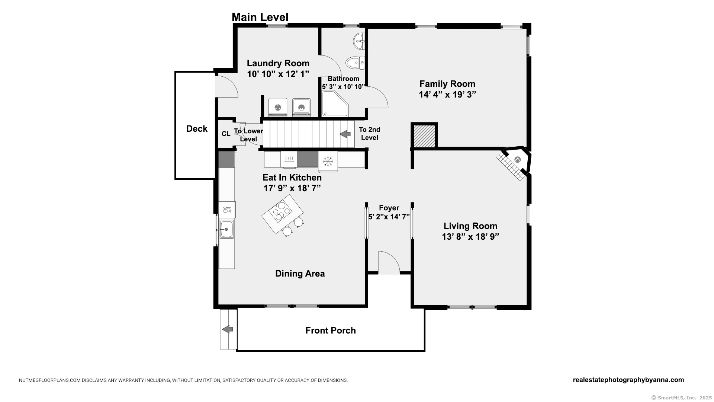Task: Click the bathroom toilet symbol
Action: [x=355, y=63]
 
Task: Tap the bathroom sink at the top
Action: [x=359, y=41]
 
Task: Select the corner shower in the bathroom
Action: [x=335, y=104]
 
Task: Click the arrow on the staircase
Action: [x=345, y=133]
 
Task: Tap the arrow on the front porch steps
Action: [x=228, y=329]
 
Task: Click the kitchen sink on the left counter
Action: [x=226, y=229]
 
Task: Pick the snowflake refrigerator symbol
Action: [x=328, y=161]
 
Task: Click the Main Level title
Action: [x=260, y=17]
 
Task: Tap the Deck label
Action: [x=197, y=129]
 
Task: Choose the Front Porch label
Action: [x=331, y=331]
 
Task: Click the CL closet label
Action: [x=226, y=134]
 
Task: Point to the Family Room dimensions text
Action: [x=447, y=95]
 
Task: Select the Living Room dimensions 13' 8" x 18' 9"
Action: [x=470, y=237]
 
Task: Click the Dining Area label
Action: [x=300, y=274]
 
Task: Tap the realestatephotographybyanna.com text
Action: [x=628, y=380]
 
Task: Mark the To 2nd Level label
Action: [x=370, y=134]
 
